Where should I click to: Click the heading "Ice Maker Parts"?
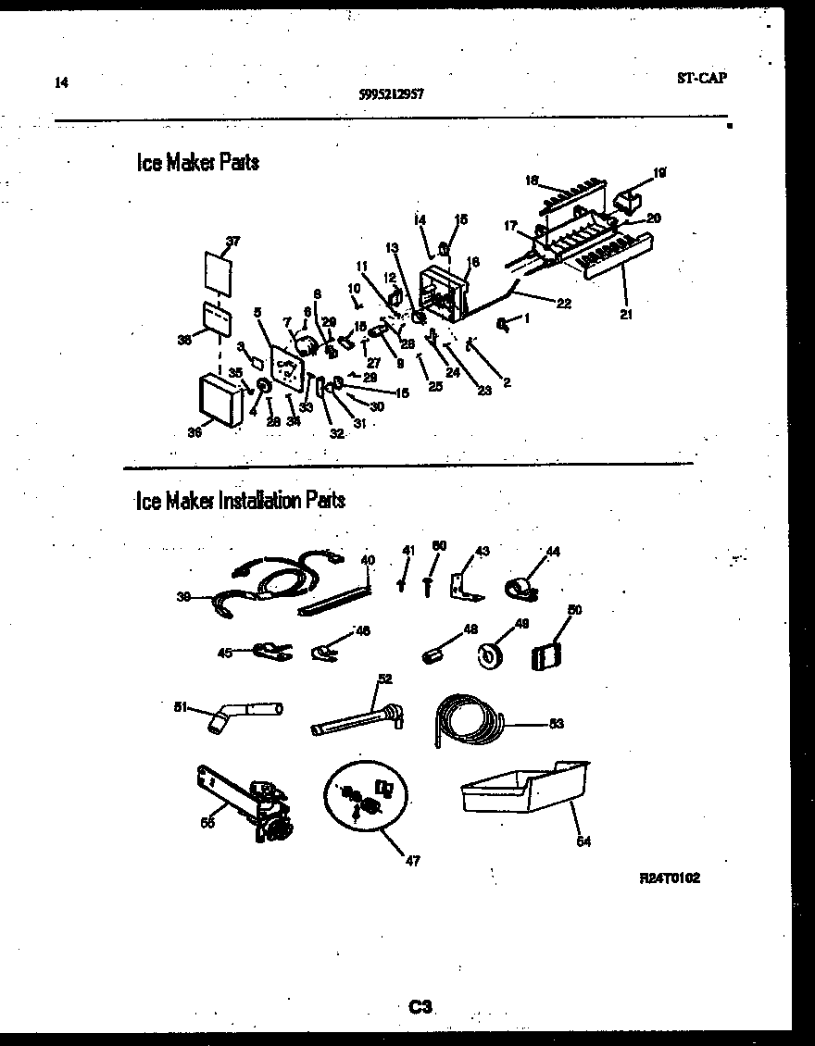(x=197, y=163)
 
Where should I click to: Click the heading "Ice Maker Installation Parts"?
(x=240, y=501)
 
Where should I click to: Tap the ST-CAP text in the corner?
(x=701, y=78)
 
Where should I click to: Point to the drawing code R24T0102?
(x=669, y=878)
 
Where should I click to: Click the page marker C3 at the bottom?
(x=421, y=1006)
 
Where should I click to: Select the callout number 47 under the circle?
(x=412, y=861)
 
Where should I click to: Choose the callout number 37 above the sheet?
(x=232, y=242)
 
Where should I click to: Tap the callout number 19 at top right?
(x=659, y=172)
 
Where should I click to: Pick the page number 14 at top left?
(x=61, y=82)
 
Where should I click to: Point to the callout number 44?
(x=553, y=552)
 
